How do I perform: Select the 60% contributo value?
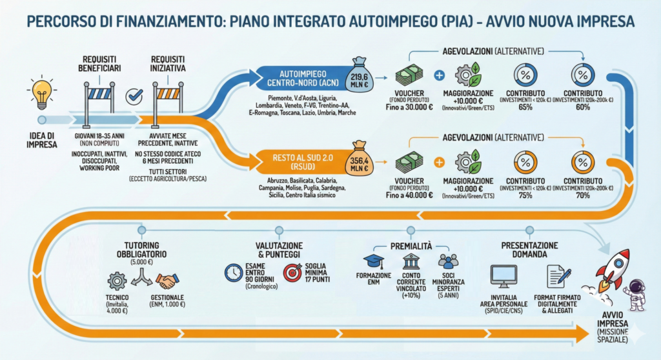[583, 107]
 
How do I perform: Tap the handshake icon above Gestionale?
[167, 281]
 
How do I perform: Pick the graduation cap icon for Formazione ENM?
[373, 261]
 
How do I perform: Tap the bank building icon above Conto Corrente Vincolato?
[411, 261]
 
